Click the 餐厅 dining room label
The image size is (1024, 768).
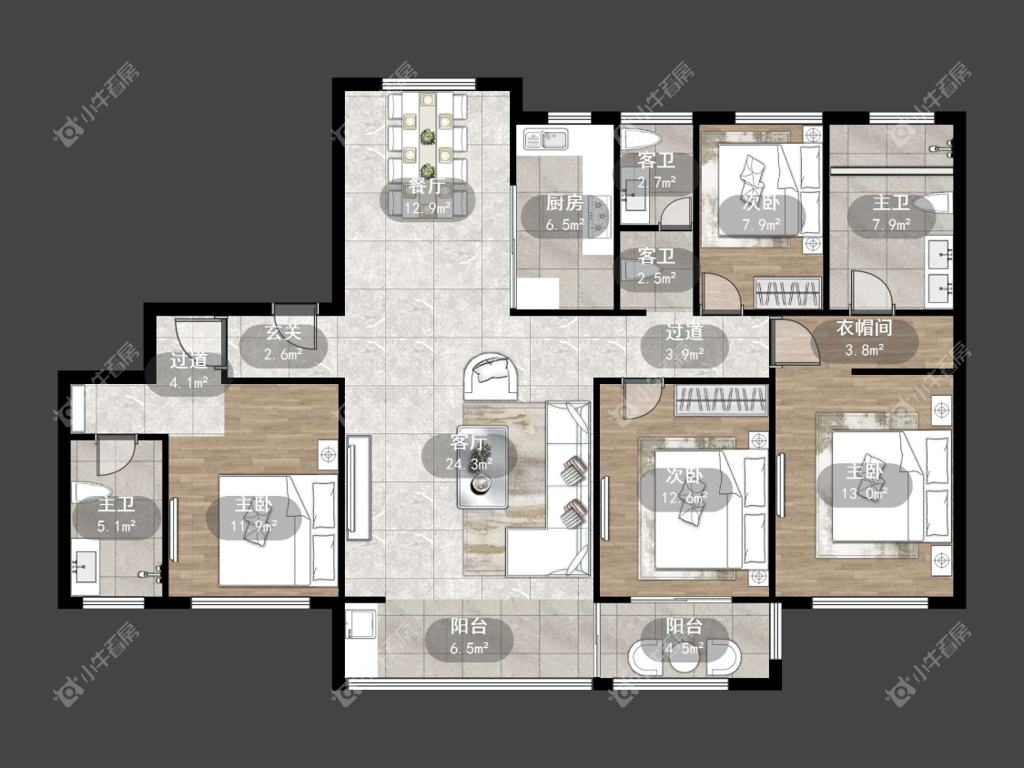tap(427, 187)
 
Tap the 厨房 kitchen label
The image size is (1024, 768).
tap(564, 203)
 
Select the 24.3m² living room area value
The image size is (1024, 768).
tap(469, 464)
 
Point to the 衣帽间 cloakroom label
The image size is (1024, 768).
tap(864, 328)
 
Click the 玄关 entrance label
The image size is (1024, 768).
tap(283, 332)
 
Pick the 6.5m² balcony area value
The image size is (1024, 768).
tap(469, 649)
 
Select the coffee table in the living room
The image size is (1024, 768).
tap(482, 467)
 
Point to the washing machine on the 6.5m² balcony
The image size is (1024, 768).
tap(360, 623)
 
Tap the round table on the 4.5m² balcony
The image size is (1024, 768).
tap(684, 658)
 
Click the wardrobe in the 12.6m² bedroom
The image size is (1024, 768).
tap(721, 400)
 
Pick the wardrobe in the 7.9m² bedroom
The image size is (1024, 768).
tap(787, 291)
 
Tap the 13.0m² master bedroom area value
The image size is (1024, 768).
tap(864, 493)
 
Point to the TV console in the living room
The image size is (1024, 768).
tap(359, 487)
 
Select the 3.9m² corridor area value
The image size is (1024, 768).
tap(684, 354)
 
